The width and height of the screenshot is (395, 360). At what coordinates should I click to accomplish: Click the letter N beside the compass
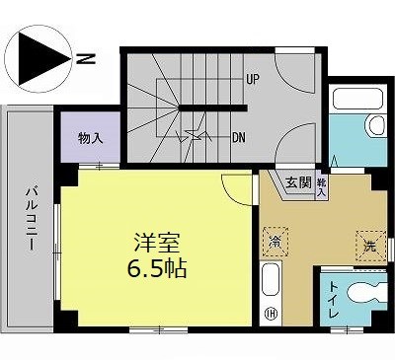pyautogui.click(x=86, y=58)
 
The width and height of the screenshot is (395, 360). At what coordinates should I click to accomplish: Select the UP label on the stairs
pyautogui.click(x=253, y=79)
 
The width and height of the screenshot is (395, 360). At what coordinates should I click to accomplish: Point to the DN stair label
pyautogui.click(x=239, y=137)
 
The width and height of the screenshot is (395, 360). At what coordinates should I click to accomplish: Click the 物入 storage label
pyautogui.click(x=91, y=138)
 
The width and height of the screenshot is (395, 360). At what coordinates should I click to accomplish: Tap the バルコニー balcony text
pyautogui.click(x=32, y=218)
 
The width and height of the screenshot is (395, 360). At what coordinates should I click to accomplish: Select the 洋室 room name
pyautogui.click(x=157, y=244)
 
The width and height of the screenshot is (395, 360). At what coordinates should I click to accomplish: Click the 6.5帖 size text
pyautogui.click(x=157, y=268)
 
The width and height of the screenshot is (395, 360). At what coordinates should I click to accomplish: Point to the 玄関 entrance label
pyautogui.click(x=298, y=182)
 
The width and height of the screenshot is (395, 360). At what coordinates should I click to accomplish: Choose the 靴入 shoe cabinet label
pyautogui.click(x=322, y=187)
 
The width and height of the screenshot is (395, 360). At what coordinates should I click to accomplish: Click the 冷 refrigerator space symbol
pyautogui.click(x=276, y=242)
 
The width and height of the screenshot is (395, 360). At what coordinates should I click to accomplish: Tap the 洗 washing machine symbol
pyautogui.click(x=371, y=246)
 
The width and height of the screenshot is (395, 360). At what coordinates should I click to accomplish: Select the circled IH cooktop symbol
pyautogui.click(x=271, y=314)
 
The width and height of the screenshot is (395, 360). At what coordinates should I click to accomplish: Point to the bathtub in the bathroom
pyautogui.click(x=358, y=99)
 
